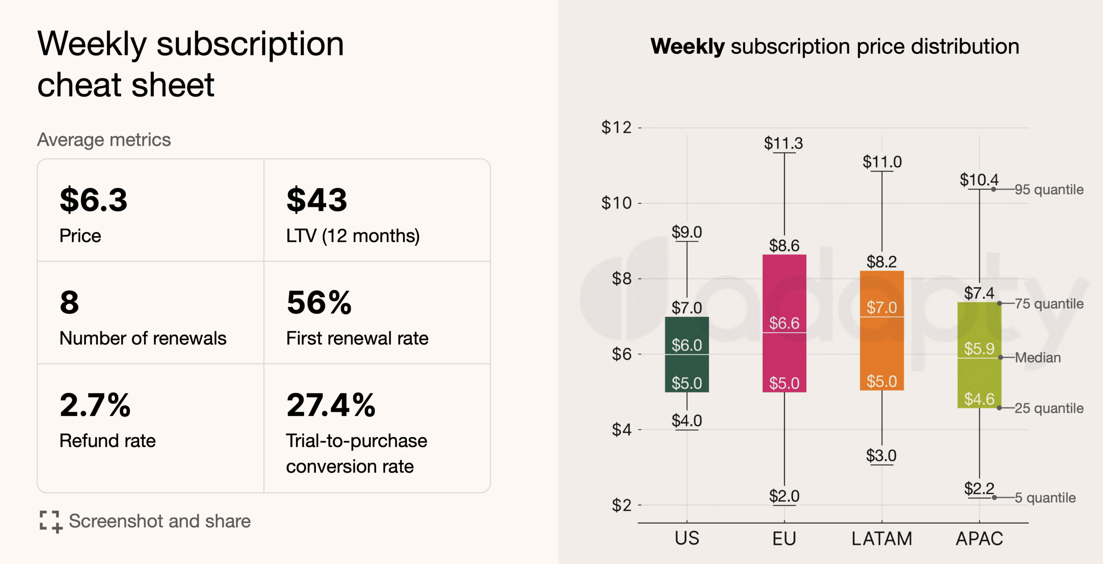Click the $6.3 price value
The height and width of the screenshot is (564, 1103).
point(93,200)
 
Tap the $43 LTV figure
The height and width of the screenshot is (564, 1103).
point(317,200)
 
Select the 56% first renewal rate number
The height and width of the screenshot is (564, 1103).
point(319,303)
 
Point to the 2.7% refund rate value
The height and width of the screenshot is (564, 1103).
point(95,405)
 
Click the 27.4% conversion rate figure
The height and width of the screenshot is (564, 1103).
point(331,405)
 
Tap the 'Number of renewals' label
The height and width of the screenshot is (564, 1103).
point(143,338)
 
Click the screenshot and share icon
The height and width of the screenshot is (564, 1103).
point(51,522)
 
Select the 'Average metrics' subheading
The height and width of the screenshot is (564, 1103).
point(104,140)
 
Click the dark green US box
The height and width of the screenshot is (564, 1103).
point(687,367)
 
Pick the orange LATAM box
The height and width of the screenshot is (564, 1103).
point(882,345)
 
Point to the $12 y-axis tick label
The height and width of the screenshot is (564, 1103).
point(616,128)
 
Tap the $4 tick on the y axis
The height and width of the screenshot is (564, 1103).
point(621,429)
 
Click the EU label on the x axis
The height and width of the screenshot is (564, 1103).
point(784,539)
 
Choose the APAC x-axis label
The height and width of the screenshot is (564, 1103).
point(979,539)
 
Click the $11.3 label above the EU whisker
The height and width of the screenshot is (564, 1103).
point(783,143)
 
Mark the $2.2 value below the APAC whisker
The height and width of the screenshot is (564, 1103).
point(979,489)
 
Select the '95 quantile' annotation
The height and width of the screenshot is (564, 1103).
point(1049,190)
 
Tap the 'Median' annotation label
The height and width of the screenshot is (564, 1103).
point(1038,357)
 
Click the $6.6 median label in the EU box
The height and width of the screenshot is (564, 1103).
point(784,323)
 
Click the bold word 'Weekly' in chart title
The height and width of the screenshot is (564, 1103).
point(688,47)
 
